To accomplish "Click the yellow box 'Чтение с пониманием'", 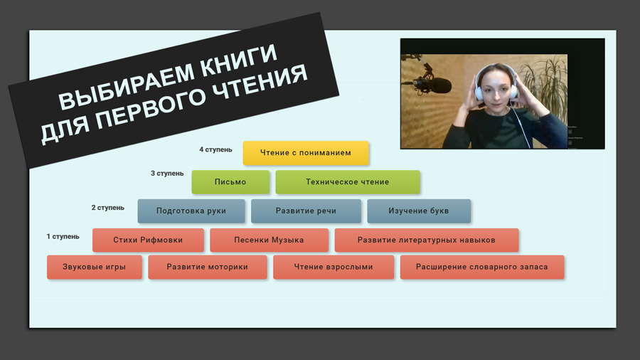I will coord(306,153).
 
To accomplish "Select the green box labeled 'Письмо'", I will coord(230,182).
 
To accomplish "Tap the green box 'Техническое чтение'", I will coord(347,182).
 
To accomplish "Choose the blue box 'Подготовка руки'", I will coord(191,211).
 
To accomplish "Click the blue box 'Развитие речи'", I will coord(306,211).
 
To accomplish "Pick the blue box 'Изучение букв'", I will coord(418,211).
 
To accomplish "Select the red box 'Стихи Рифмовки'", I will coord(148,240).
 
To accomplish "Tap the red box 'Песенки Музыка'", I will coord(269,240).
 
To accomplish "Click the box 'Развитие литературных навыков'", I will coord(426,240).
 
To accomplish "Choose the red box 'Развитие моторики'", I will coord(207,268).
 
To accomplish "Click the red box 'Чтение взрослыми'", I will coord(333,268).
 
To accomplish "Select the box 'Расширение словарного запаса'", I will coord(482,268).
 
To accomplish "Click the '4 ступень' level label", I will coord(215,150).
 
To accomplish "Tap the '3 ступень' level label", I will coord(167,174).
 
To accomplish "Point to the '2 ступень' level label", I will coord(108,208).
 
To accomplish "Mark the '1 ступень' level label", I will coord(63,237).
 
